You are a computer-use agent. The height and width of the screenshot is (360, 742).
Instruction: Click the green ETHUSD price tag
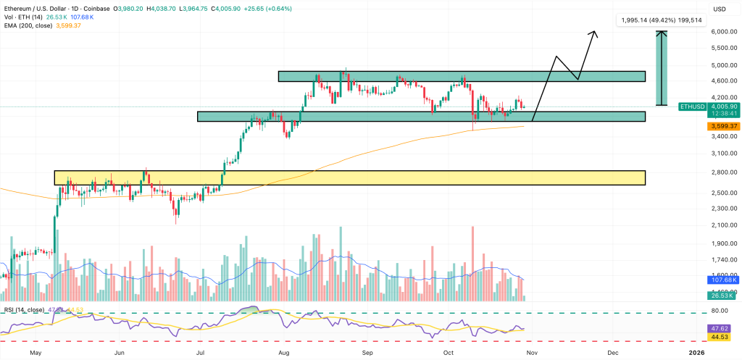[x=692, y=106]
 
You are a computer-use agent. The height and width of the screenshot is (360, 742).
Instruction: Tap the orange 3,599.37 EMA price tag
[x=724, y=126]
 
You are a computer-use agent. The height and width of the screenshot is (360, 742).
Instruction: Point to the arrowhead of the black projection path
[x=595, y=33]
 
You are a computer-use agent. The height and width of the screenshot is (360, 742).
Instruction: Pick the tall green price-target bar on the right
[x=662, y=69]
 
